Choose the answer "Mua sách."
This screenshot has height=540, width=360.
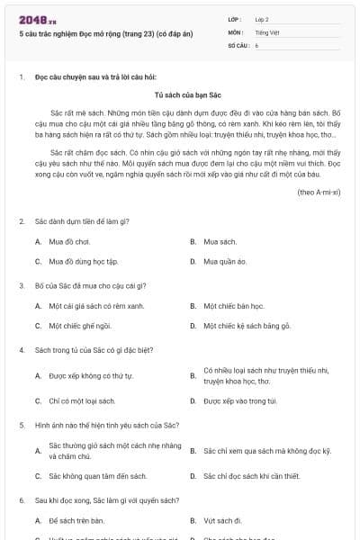click(220, 241)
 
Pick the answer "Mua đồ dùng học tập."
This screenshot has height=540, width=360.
click(83, 261)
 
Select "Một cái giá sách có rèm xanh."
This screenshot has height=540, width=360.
click(96, 306)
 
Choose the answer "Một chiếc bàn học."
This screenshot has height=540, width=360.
click(233, 306)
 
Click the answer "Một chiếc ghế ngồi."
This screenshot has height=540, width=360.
click(80, 326)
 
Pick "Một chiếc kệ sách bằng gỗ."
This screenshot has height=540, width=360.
click(247, 326)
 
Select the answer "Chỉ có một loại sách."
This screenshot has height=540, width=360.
click(82, 400)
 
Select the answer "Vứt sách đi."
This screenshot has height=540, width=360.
click(223, 520)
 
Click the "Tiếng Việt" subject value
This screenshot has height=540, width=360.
click(266, 31)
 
